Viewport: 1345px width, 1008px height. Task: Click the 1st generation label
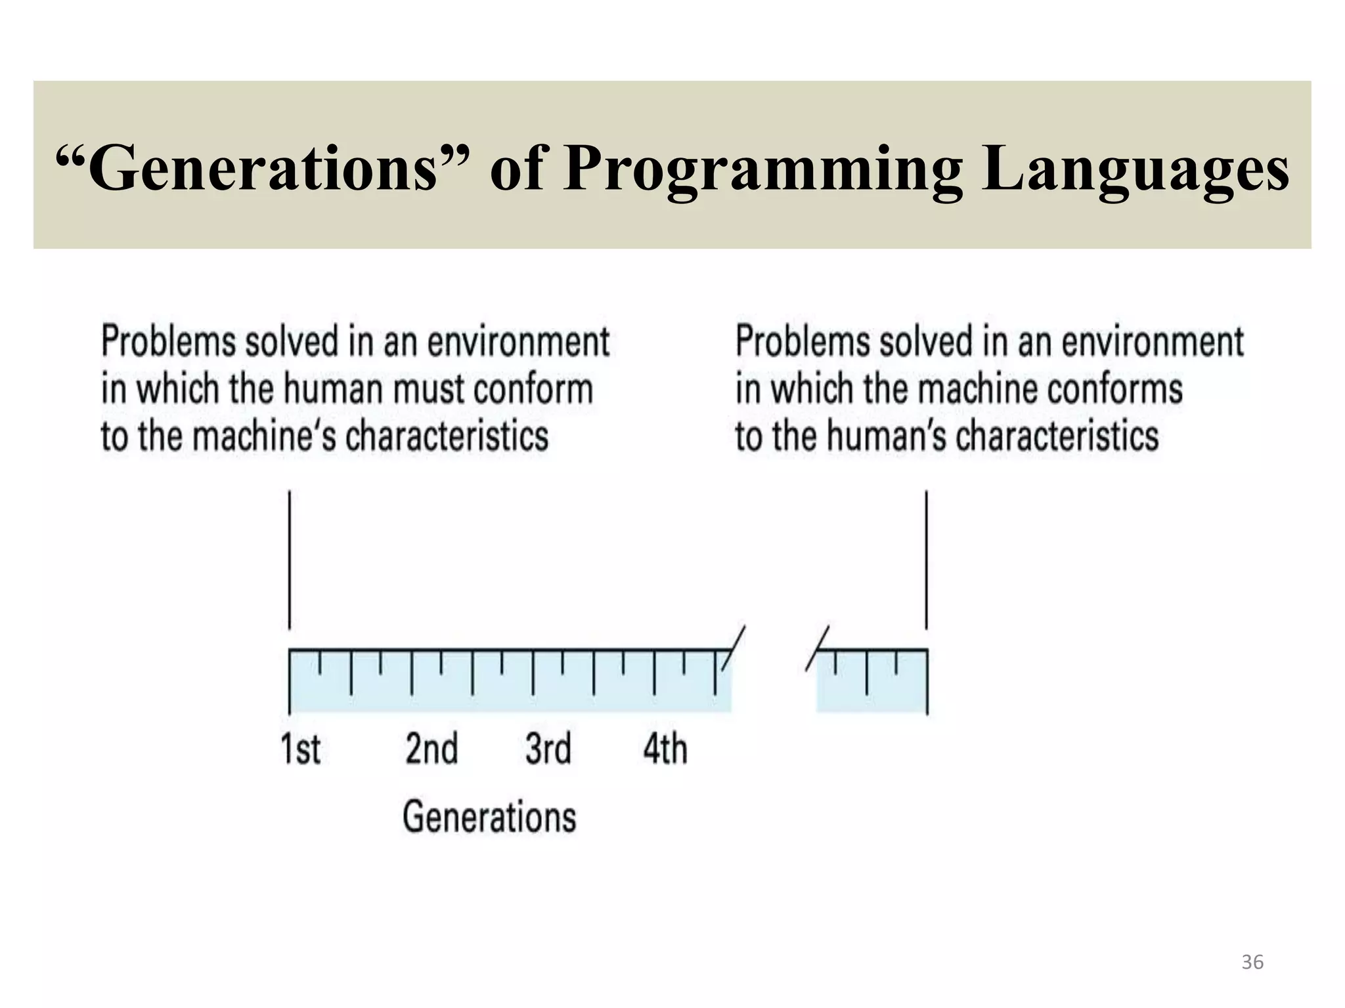coord(301,749)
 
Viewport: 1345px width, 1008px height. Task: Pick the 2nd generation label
coord(431,749)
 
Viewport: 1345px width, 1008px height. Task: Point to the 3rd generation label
coord(548,749)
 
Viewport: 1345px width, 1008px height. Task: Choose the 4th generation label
coord(665,749)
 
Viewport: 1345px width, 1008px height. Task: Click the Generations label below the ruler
coord(489,817)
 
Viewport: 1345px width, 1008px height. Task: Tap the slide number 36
coord(1252,962)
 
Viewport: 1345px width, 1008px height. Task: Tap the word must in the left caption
coord(430,389)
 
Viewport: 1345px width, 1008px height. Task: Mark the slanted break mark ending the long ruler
coord(734,648)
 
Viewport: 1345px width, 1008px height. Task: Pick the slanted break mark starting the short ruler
coord(818,648)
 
